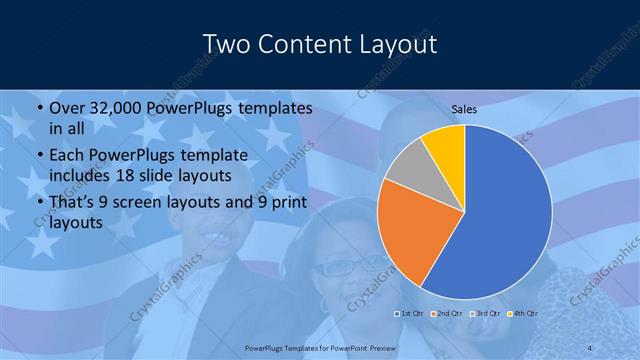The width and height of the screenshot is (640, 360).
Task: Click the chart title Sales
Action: coord(465,109)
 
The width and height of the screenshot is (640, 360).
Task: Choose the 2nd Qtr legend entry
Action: coord(447,314)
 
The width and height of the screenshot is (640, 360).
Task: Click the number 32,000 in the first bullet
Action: coord(122,108)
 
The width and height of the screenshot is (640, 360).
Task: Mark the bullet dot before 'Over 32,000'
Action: coord(39,108)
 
